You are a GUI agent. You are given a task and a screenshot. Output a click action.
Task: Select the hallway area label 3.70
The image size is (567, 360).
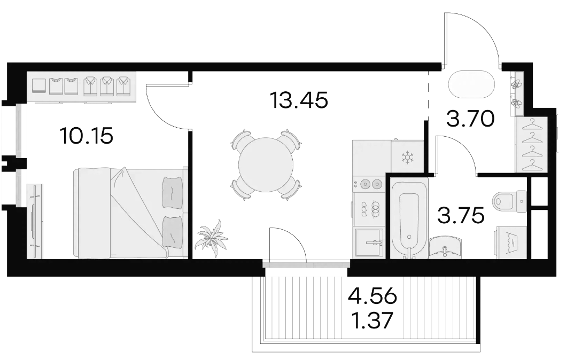[x=470, y=119]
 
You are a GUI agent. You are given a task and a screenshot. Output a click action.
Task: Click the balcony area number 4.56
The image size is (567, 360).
[x=372, y=296]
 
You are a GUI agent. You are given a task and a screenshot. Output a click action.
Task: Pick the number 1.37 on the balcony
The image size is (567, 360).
[x=372, y=320]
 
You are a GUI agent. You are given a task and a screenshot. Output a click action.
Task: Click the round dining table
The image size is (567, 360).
[x=266, y=165]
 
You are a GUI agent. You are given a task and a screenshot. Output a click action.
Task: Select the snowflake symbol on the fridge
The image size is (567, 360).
[x=408, y=158]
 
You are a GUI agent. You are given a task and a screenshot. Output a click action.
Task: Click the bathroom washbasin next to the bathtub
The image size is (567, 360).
[x=445, y=248]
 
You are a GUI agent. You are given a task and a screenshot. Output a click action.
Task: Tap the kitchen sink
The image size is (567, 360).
[x=369, y=242]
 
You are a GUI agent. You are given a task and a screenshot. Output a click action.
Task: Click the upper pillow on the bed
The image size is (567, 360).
[x=173, y=192]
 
